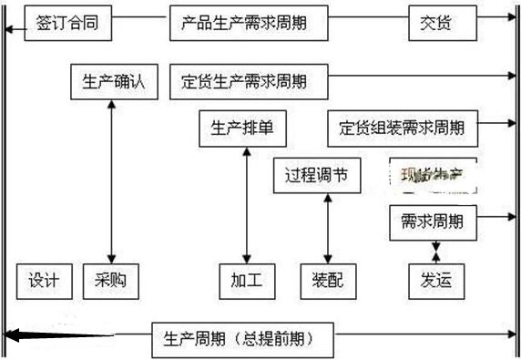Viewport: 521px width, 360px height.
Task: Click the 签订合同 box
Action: (67, 24)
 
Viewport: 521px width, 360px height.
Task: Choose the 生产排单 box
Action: (241, 128)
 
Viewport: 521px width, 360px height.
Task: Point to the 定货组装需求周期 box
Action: (402, 128)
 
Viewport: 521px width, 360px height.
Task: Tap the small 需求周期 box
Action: (432, 221)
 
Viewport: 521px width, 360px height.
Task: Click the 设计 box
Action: (44, 281)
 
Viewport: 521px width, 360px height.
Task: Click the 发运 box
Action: (435, 281)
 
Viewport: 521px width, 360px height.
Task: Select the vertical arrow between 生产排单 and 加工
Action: (246, 205)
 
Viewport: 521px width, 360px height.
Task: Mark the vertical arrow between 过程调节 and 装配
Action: (328, 228)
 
